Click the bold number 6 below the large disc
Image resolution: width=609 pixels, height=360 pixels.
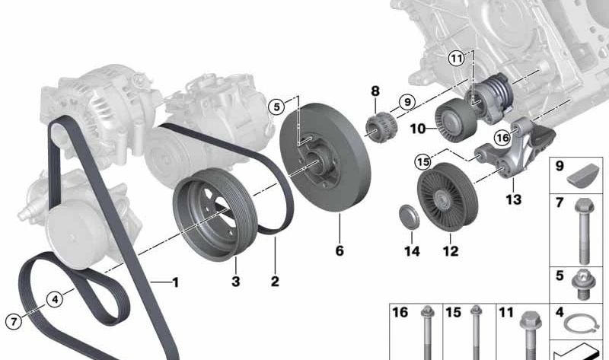pos(340,250)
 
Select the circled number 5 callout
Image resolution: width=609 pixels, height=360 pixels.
pos(276,107)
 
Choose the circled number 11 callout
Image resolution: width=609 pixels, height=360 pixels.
pos(455,57)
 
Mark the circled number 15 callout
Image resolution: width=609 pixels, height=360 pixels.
pos(423,161)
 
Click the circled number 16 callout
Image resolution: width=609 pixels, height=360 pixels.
pos(501,138)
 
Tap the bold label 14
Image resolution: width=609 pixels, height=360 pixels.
pos(412,250)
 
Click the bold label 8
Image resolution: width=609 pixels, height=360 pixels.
pos(375,92)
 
